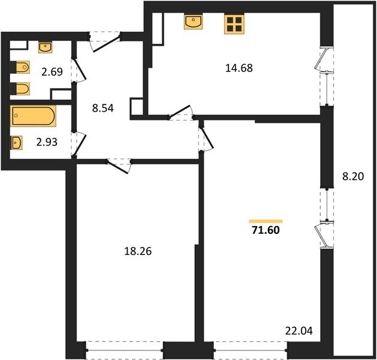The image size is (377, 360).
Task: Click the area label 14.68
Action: click(x=239, y=68)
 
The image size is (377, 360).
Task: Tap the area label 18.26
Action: click(x=138, y=251)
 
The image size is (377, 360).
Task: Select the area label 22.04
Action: click(x=299, y=331)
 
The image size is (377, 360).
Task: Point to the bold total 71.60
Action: click(x=266, y=230)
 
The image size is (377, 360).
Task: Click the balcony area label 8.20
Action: click(x=353, y=176)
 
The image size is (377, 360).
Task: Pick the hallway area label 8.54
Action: click(x=102, y=108)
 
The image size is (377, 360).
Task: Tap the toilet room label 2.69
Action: click(x=52, y=72)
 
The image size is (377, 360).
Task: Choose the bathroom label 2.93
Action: click(x=47, y=142)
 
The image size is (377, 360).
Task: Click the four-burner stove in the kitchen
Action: click(x=234, y=24)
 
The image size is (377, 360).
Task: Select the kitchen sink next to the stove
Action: click(x=194, y=22)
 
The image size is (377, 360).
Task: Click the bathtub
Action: click(x=33, y=116)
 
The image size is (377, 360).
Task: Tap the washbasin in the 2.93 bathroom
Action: click(x=16, y=143)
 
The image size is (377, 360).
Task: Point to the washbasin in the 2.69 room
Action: click(x=45, y=47)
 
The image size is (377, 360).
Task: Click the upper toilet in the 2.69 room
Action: click(x=20, y=67)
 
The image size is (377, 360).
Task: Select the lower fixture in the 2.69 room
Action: click(x=20, y=89)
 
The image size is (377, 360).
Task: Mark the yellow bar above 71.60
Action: click(x=266, y=221)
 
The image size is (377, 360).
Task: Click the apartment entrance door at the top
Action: click(x=105, y=42)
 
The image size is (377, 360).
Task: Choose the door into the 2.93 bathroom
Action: click(x=79, y=144)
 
